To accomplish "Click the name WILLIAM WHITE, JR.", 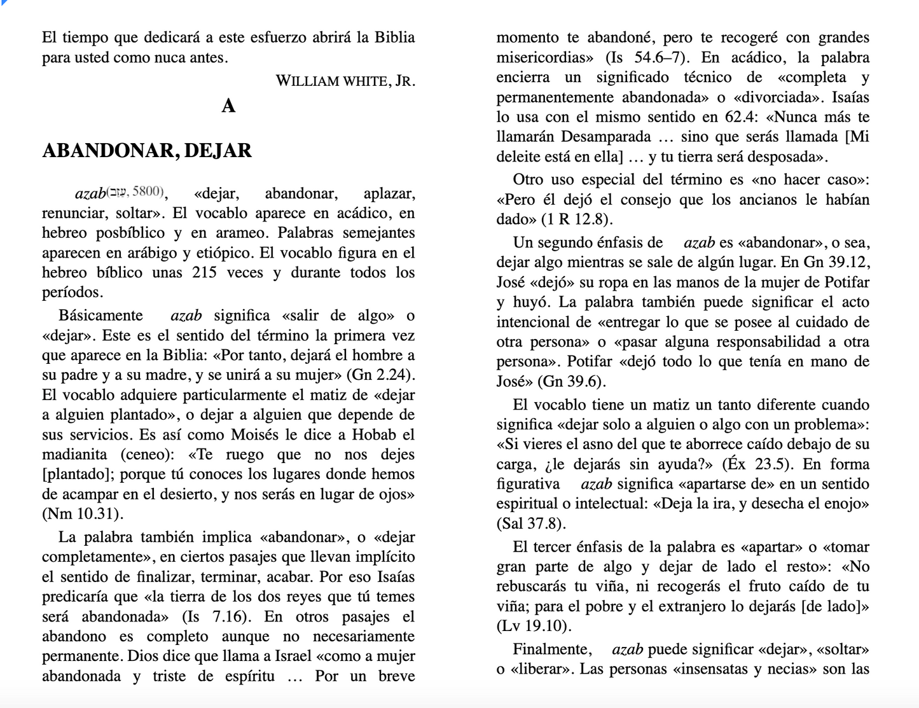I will coord(345,81).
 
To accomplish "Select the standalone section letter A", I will coord(228,106).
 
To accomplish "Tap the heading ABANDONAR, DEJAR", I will coord(147,151).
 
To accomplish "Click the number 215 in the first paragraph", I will coord(204,272).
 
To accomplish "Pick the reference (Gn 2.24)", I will coord(381,375).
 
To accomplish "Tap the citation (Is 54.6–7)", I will coord(648,57).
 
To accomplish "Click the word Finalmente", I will coord(551,649).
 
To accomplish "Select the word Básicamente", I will coord(100,316).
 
